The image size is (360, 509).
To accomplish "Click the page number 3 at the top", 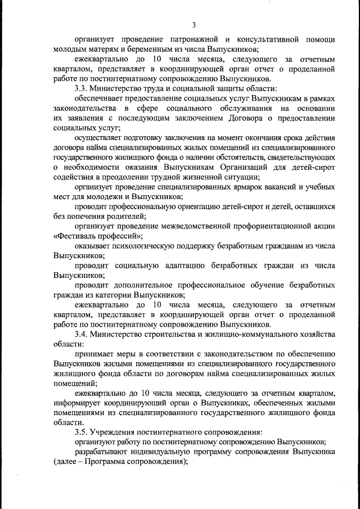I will (193, 25).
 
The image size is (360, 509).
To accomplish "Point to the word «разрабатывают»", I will (103, 452).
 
